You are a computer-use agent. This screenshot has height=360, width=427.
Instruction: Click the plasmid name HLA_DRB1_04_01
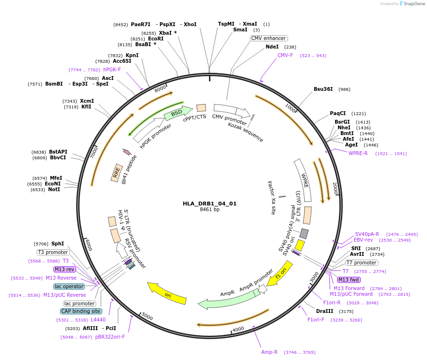click(x=209, y=204)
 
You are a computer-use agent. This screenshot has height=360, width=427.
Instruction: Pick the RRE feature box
click(x=117, y=173)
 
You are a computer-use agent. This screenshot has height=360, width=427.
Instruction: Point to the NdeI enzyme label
click(x=272, y=47)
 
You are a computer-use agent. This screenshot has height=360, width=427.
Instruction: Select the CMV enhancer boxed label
click(x=269, y=38)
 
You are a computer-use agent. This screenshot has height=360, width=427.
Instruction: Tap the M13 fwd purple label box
click(x=348, y=280)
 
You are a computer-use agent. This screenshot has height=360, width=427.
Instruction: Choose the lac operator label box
click(x=70, y=286)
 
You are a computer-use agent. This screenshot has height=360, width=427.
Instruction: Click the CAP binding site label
click(x=80, y=311)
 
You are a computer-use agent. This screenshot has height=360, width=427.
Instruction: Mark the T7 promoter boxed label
click(x=361, y=263)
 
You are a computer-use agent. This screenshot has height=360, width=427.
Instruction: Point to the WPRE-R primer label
click(x=358, y=153)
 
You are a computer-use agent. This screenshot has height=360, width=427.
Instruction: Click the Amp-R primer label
click(x=269, y=352)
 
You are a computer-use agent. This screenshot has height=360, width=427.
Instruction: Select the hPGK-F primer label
click(x=112, y=69)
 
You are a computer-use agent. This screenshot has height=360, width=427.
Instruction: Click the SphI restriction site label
click(x=58, y=243)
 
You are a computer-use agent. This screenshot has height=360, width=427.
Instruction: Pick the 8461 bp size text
click(x=209, y=210)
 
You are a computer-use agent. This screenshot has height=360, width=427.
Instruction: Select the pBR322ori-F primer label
click(x=110, y=337)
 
